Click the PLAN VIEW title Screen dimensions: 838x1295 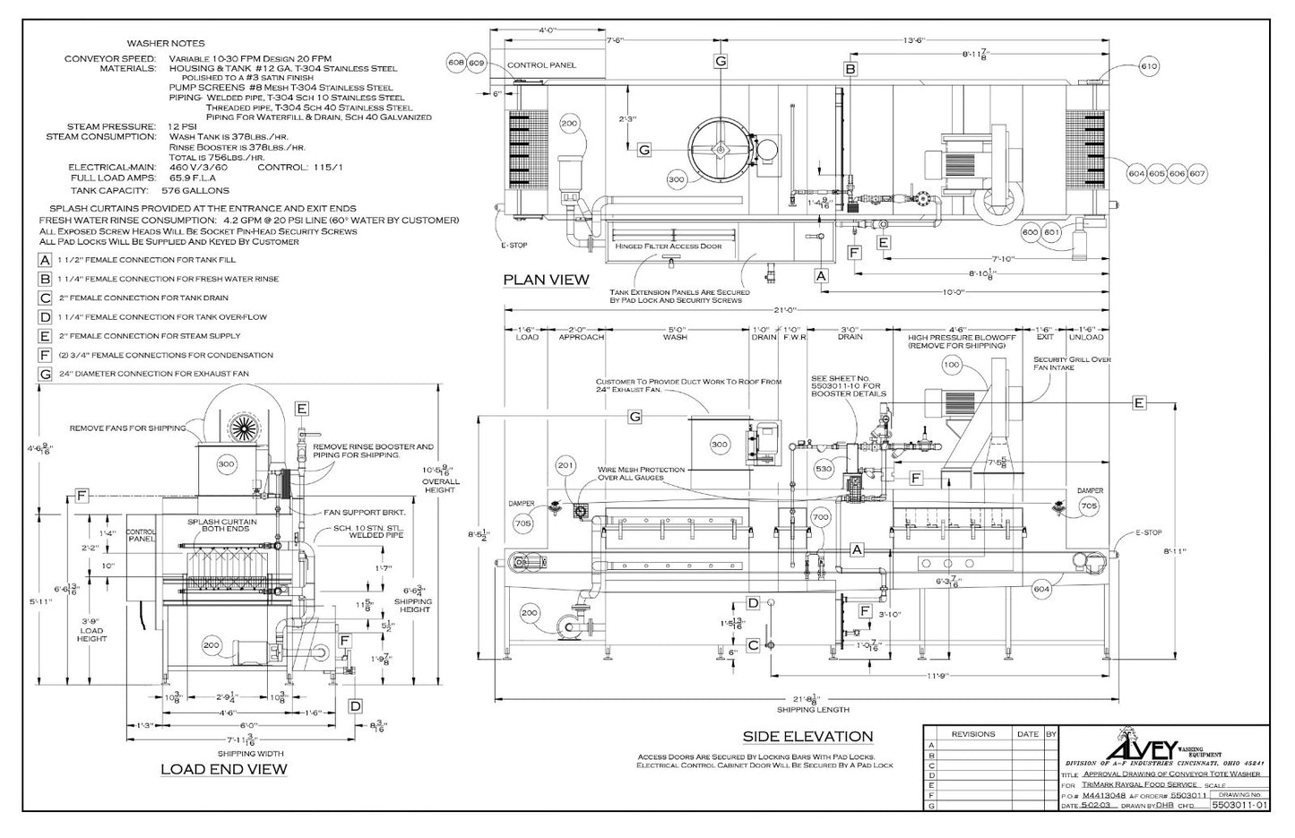tap(546, 280)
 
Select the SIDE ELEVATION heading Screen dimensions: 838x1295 tap(807, 737)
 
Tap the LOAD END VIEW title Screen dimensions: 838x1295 tap(223, 769)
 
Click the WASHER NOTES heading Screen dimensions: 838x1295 tap(166, 43)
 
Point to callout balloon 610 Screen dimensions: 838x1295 tap(1150, 66)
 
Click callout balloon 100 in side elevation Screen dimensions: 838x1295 tap(951, 365)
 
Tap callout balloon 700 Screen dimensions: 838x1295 tap(820, 518)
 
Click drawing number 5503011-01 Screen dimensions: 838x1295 tap(1239, 806)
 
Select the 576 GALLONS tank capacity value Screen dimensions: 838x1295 tap(194, 191)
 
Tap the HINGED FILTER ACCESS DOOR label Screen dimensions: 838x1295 tap(668, 246)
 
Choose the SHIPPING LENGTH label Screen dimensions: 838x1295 tap(812, 710)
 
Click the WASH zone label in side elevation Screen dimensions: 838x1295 tap(675, 337)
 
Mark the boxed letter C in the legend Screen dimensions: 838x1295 tap(45, 298)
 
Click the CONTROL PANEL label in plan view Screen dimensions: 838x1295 tap(541, 65)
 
